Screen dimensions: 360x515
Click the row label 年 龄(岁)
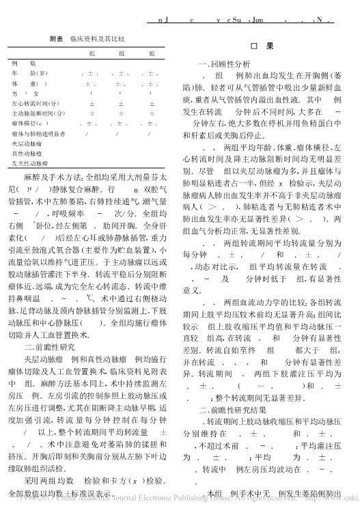pyautogui.click(x=29, y=73)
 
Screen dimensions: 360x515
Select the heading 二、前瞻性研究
pyautogui.click(x=53, y=347)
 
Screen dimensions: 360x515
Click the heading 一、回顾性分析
pyautogui.click(x=214, y=63)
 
